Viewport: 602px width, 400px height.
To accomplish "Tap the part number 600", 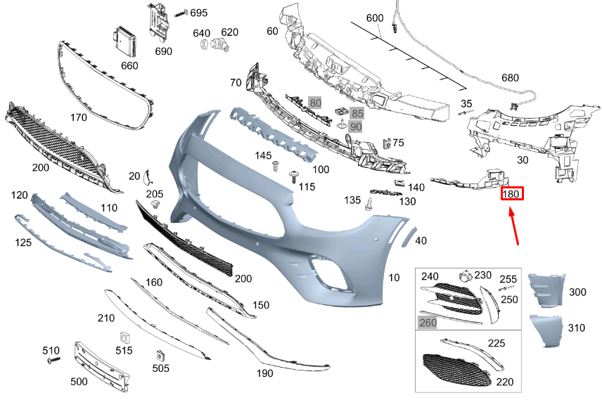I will click(x=375, y=18).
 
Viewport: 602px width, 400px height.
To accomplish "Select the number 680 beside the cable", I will click(x=511, y=78).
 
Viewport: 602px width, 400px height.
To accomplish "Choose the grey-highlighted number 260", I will click(x=428, y=323).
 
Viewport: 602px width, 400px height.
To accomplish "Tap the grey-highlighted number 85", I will click(x=358, y=112).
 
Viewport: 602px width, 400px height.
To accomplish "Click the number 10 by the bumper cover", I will click(x=395, y=278).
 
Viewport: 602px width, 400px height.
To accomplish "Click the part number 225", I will click(x=497, y=344).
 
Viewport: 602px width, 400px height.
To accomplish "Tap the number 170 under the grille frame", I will click(x=79, y=117).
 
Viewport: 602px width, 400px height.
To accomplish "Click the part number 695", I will click(x=199, y=13).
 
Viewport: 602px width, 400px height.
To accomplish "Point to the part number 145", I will click(x=263, y=155).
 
